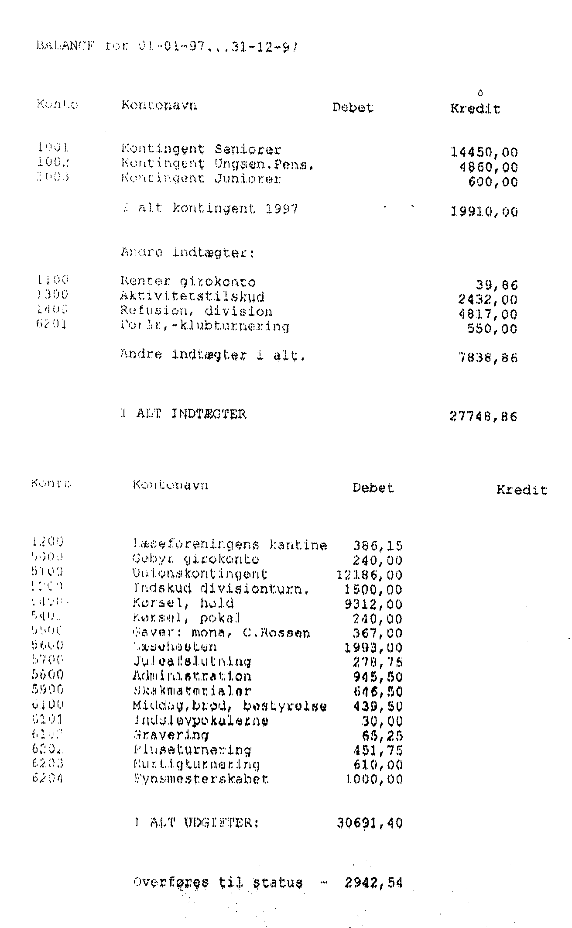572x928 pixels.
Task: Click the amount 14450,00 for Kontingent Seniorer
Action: point(484,152)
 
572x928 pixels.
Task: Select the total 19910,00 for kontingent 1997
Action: point(484,212)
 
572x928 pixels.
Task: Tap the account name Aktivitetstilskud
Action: point(192,297)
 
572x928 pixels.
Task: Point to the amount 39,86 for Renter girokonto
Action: point(497,285)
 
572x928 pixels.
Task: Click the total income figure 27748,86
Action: point(483,416)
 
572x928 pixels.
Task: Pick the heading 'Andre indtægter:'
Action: point(188,253)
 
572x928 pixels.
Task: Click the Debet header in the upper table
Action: point(353,107)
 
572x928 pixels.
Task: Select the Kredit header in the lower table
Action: point(521,490)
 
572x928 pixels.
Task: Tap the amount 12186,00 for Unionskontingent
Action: point(370,575)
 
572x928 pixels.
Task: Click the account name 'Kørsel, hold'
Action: point(183,604)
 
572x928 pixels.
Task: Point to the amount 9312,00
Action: point(373,605)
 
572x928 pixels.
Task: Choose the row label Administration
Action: point(192,677)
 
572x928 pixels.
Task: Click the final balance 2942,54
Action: point(373,883)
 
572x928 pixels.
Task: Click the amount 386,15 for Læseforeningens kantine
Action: point(377,546)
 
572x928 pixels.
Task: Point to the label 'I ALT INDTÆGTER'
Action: point(183,414)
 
